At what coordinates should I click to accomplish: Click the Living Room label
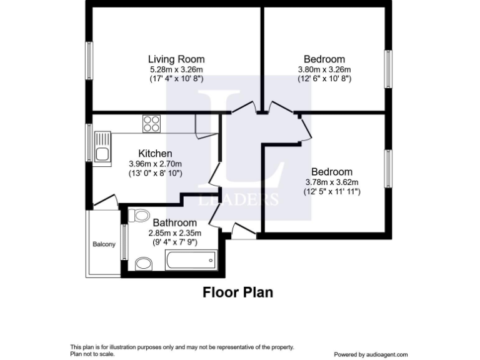click(x=176, y=59)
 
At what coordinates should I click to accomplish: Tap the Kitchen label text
click(x=155, y=153)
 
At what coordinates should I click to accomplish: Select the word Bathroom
click(x=175, y=222)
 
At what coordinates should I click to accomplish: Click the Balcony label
click(x=104, y=244)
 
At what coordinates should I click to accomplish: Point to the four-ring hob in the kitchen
click(x=151, y=124)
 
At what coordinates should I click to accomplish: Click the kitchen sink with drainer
click(x=102, y=146)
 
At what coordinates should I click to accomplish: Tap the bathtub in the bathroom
click(x=190, y=259)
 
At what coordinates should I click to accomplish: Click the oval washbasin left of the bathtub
click(x=143, y=262)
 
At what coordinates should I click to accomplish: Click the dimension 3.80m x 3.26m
click(x=324, y=69)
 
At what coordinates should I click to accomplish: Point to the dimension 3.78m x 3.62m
click(x=332, y=182)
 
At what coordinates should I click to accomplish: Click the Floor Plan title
click(x=237, y=292)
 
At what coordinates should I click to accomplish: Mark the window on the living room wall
click(x=89, y=60)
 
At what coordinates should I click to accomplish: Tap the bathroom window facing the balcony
click(x=124, y=242)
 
